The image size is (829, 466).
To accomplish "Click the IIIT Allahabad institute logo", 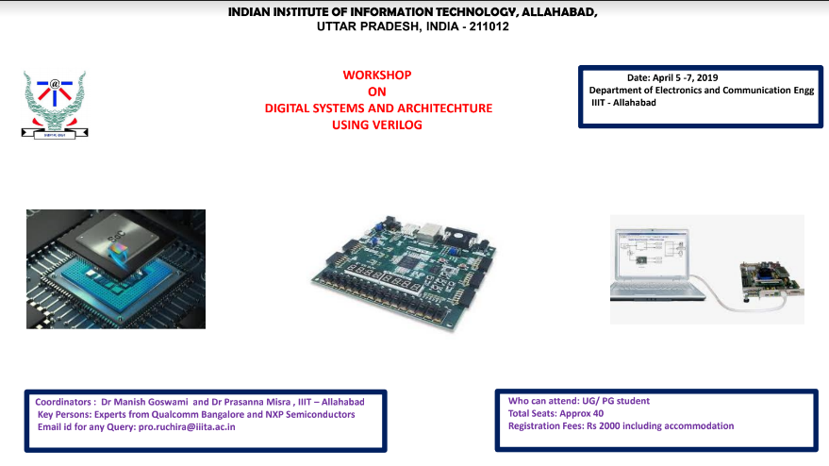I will tap(55, 104).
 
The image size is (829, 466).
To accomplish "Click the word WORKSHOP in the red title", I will tap(377, 75).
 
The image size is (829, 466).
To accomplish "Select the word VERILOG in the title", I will tap(390, 125).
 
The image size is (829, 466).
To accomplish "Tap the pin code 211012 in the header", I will tap(488, 26).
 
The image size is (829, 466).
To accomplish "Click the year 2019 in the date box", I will tap(705, 77).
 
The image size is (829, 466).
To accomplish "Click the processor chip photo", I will tap(115, 269).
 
